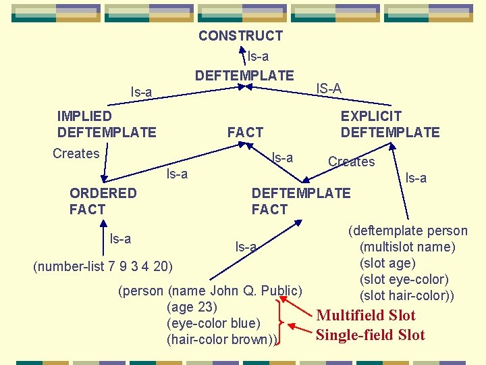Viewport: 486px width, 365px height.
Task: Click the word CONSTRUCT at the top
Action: (x=240, y=36)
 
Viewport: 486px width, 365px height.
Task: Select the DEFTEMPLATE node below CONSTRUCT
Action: (x=244, y=76)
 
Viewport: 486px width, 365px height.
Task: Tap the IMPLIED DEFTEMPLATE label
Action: (x=107, y=124)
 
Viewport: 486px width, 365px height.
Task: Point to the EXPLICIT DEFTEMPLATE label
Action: (x=389, y=124)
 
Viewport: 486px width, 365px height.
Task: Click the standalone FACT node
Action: (x=245, y=132)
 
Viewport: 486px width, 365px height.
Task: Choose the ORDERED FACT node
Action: (x=103, y=201)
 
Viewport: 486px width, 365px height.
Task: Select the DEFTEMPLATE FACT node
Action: (x=300, y=201)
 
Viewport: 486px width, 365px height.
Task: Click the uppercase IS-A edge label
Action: (x=329, y=89)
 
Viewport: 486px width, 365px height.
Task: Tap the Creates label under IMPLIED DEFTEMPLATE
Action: (x=76, y=153)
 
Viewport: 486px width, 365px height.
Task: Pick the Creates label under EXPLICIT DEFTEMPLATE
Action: (x=351, y=162)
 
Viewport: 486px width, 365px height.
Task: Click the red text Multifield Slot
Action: (x=366, y=315)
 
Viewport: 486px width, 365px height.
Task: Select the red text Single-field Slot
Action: (x=371, y=335)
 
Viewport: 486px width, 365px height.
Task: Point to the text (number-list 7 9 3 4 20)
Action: (x=103, y=264)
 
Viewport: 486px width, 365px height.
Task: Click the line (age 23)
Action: (x=192, y=308)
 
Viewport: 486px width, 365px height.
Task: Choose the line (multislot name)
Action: (x=407, y=247)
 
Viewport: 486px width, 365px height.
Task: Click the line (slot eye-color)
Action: (x=404, y=279)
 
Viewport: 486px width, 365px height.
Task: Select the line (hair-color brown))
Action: (x=222, y=339)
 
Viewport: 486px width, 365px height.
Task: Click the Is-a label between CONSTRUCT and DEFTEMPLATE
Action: (x=258, y=56)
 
